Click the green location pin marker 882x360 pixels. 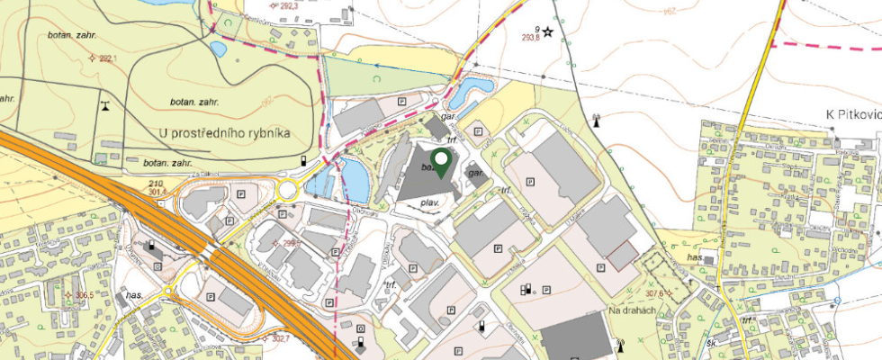click(441, 163)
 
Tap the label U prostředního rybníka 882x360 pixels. click(223, 133)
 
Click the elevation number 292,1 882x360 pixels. click(107, 58)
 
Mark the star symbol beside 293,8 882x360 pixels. click(547, 31)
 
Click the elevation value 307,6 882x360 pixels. click(654, 292)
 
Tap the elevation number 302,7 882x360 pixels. click(280, 338)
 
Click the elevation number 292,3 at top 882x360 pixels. click(263, 4)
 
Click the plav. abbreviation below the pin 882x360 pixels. click(430, 204)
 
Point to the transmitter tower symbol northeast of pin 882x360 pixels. click(596, 118)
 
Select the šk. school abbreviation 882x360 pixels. click(710, 343)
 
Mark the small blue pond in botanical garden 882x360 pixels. click(217, 49)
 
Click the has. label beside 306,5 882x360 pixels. click(135, 294)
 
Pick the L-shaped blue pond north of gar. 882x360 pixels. click(468, 90)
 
